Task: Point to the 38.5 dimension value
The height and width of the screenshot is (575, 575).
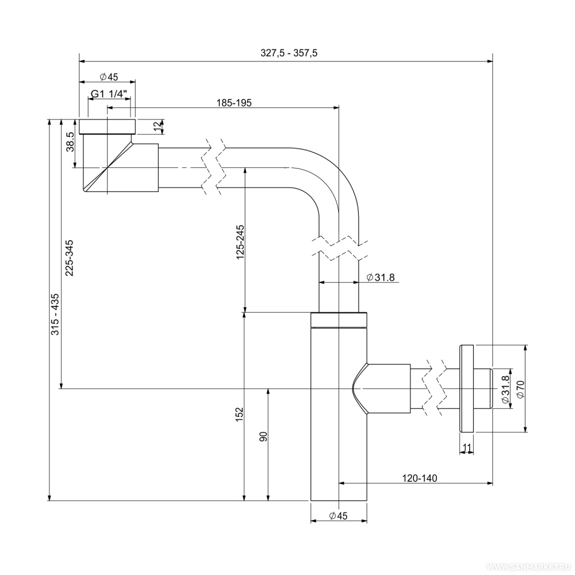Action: point(70,141)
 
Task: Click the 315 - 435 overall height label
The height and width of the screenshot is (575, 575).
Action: point(56,314)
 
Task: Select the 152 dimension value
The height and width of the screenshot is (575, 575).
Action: point(240,415)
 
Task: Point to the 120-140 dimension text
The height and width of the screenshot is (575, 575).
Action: point(419,478)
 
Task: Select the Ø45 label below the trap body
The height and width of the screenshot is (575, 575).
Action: point(339,516)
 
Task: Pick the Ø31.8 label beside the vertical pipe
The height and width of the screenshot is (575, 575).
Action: point(380,278)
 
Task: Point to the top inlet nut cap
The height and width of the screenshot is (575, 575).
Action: point(108,126)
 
